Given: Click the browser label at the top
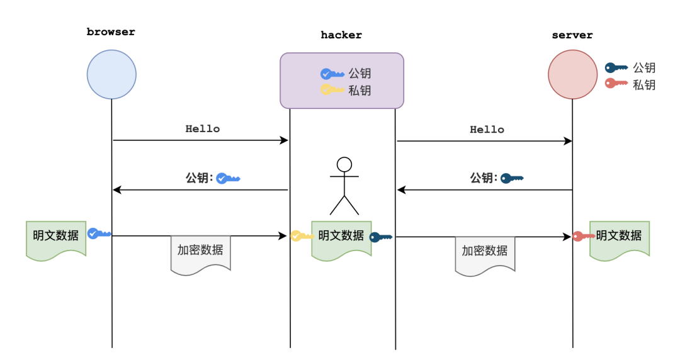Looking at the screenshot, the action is [111, 32].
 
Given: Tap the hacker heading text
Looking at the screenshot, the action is [341, 35].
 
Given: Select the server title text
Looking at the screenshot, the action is [572, 35].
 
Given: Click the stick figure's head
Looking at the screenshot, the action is [344, 164].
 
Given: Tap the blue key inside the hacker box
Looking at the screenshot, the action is [332, 74].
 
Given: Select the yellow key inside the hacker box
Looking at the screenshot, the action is [332, 90].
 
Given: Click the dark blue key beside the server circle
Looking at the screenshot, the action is [616, 68].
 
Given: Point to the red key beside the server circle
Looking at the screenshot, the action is [616, 83].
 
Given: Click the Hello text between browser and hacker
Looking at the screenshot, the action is [203, 129].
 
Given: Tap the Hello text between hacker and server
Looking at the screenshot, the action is [487, 130].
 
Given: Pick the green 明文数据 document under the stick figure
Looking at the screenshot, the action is [341, 240].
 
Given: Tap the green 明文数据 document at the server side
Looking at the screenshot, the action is [620, 240].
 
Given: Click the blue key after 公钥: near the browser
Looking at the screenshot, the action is [228, 178].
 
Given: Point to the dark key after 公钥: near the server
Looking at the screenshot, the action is [512, 178].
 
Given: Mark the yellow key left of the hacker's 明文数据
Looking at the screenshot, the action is [302, 236].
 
